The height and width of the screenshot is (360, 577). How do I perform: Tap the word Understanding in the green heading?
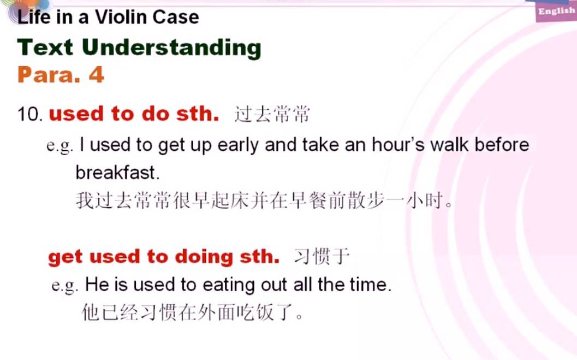[x=171, y=49]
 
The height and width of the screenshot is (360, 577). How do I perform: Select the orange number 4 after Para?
[x=97, y=75]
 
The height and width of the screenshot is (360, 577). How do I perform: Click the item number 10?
[x=28, y=114]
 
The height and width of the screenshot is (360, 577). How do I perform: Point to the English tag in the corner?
[x=556, y=11]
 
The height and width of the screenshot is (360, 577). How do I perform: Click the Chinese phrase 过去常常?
[x=272, y=114]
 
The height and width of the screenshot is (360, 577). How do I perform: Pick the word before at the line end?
[x=502, y=144]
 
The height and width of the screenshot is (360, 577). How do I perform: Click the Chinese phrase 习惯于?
[x=322, y=257]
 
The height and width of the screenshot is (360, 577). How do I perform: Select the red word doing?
[x=204, y=257]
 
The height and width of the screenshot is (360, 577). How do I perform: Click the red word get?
[x=65, y=257]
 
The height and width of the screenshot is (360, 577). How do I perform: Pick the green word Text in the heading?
[x=45, y=48]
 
